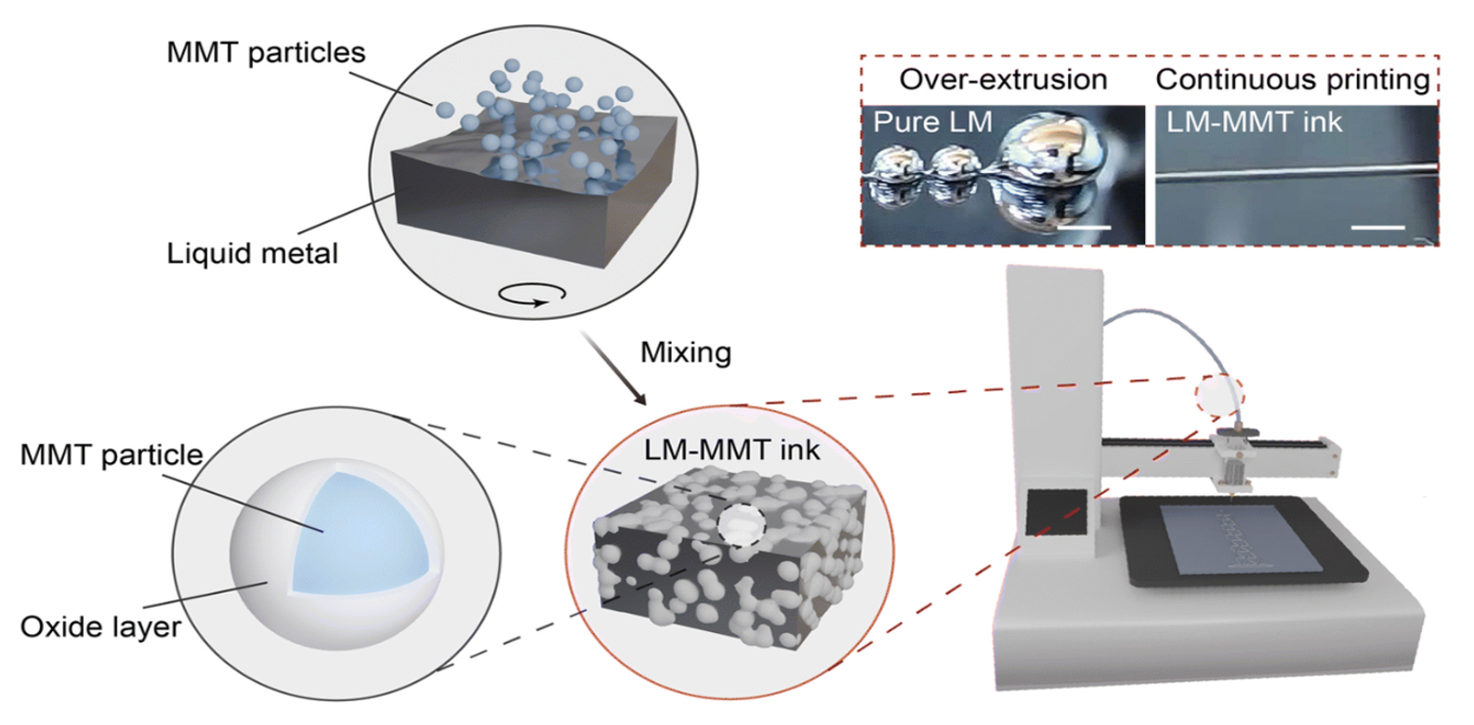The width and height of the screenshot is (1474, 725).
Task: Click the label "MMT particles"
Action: click(266, 52)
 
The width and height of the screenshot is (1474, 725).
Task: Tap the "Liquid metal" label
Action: click(252, 253)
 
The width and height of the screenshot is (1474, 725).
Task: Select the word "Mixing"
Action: click(686, 352)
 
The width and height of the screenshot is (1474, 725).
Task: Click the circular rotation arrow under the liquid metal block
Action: click(532, 295)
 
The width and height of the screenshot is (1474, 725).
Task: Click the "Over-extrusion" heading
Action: click(1003, 80)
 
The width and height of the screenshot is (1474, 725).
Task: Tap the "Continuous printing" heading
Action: click(1293, 80)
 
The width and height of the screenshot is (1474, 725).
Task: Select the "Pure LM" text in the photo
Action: click(932, 123)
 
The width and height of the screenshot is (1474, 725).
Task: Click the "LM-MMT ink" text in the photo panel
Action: click(1254, 123)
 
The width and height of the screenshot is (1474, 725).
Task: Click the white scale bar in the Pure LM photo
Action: click(1084, 227)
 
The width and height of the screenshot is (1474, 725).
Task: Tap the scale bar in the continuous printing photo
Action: click(1377, 227)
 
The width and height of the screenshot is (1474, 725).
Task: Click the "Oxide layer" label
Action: click(100, 626)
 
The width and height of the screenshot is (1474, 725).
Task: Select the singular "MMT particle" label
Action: click(112, 455)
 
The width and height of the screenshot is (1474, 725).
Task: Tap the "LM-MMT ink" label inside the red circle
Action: click(731, 450)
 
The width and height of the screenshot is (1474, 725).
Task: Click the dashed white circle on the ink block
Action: click(742, 525)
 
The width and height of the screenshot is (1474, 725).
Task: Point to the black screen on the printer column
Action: click(1056, 511)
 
